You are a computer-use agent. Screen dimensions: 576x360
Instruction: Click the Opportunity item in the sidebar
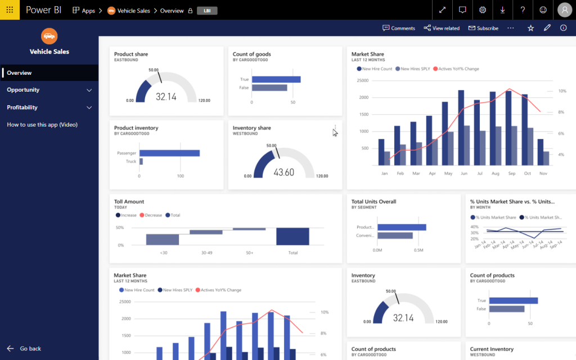pos(23,89)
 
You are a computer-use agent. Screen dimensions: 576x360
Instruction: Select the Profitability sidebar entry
pos(22,107)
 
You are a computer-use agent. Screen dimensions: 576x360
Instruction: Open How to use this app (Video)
pos(42,124)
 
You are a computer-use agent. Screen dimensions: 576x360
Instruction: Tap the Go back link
pos(30,349)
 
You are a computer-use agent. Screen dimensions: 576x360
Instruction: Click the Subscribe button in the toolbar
pos(483,28)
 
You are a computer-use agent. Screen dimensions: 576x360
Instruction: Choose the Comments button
pos(399,28)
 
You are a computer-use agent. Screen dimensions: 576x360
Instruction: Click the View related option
pos(442,28)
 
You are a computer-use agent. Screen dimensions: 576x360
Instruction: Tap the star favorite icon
pos(530,28)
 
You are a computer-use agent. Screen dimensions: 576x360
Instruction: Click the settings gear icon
pos(483,10)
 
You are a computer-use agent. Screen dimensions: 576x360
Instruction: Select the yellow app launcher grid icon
pos(10,10)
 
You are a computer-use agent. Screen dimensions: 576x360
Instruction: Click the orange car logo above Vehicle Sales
pos(49,36)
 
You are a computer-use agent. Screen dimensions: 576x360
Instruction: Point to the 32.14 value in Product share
pos(166,97)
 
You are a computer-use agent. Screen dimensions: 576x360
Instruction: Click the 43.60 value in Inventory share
pos(284,172)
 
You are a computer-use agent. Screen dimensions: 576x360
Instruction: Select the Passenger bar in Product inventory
pos(169,153)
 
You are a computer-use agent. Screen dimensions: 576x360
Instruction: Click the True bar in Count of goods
pos(276,79)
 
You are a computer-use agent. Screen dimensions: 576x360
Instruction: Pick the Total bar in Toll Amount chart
pos(292,237)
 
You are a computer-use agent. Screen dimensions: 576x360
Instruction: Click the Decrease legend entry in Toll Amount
pos(151,215)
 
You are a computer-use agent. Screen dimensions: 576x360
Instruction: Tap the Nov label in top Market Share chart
pos(543,173)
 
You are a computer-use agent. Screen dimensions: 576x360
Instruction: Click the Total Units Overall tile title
pos(373,202)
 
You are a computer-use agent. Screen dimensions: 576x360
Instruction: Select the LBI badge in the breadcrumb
pos(207,11)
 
